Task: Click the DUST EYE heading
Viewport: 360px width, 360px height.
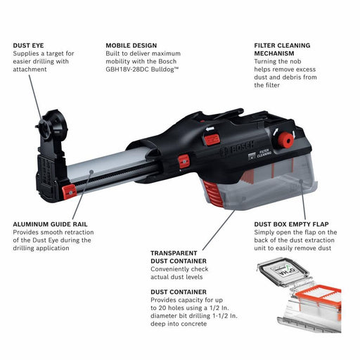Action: (x=29, y=45)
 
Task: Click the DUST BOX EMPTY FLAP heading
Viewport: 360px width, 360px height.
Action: (x=295, y=224)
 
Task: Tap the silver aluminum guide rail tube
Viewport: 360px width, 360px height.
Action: (x=105, y=166)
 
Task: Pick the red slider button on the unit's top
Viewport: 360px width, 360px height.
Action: (x=212, y=139)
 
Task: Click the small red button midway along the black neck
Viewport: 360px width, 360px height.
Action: (x=184, y=161)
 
